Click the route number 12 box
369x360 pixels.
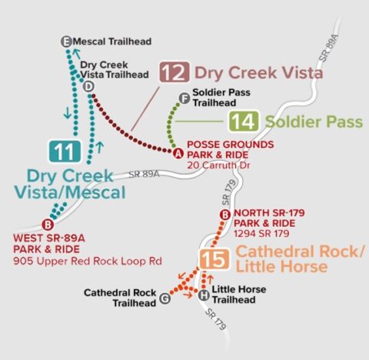(175, 73)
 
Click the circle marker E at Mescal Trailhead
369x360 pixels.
(66, 41)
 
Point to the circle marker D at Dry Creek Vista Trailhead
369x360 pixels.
(88, 87)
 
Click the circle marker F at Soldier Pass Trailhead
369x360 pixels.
(183, 98)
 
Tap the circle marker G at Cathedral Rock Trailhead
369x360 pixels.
(164, 298)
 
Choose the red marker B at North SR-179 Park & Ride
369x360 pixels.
(225, 215)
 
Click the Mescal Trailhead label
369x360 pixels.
(113, 41)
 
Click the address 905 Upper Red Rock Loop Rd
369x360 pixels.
(87, 262)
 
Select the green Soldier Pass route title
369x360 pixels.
(305, 122)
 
